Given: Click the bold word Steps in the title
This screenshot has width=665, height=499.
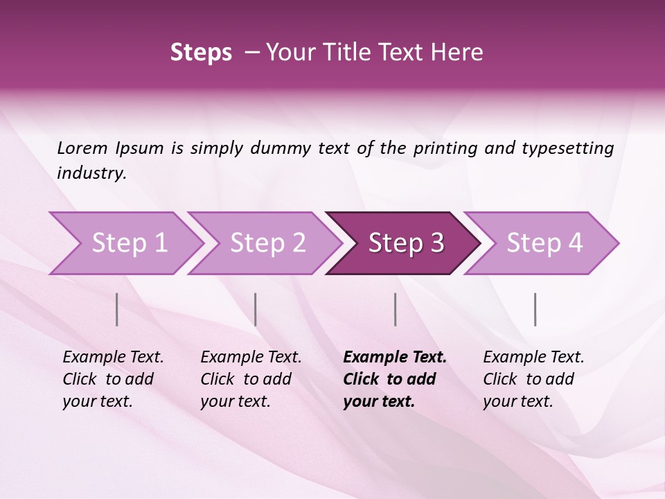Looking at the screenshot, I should (201, 53).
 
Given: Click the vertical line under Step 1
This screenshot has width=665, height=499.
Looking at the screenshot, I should (117, 309).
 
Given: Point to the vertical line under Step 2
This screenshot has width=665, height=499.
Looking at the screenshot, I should (256, 309).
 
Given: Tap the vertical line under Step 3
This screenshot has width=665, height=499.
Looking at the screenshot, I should (396, 309).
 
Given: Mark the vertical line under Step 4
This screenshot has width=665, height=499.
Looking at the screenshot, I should (535, 309).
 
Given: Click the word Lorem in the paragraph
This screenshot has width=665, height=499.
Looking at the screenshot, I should (82, 148).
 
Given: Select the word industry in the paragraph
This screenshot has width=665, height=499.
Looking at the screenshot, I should (91, 173).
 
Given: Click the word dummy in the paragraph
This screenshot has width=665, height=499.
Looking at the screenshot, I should (281, 148).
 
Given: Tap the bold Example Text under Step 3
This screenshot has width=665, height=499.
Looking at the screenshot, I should (395, 358).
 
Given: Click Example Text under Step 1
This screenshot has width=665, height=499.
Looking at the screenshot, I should (113, 358).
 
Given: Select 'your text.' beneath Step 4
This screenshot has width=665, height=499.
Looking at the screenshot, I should (517, 402).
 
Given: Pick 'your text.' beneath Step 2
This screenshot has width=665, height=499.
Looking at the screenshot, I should (235, 402).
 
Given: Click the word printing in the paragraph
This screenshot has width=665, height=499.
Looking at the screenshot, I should (445, 148).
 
